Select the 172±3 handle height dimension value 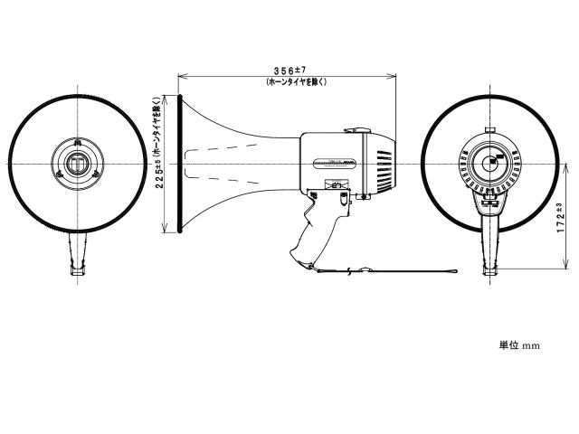[561, 217]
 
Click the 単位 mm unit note [519, 345]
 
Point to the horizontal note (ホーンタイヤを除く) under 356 [296, 81]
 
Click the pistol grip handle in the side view [316, 227]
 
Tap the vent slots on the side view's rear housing [384, 171]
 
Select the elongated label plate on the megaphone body [334, 164]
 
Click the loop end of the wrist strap [451, 271]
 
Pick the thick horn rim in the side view [180, 164]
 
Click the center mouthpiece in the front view [78, 164]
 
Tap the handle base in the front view [78, 271]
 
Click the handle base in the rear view [490, 272]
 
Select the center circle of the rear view [490, 163]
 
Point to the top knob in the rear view [490, 129]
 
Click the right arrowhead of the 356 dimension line [392, 76]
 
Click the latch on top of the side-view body [357, 130]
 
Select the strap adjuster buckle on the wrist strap [365, 269]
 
